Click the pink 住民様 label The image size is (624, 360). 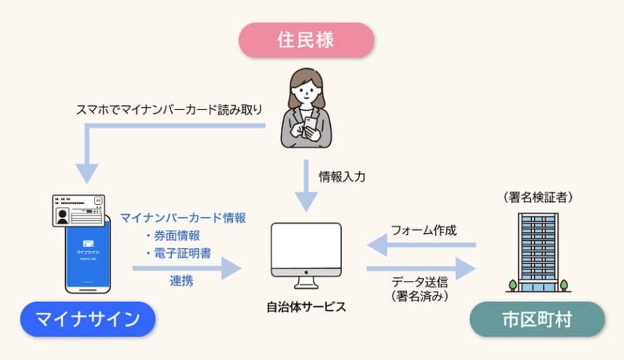[305, 40]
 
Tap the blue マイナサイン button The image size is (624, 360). [88, 319]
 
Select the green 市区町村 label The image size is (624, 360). [538, 319]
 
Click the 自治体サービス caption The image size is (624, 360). [305, 306]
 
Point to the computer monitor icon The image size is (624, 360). [305, 250]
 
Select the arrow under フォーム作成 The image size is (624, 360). [421, 246]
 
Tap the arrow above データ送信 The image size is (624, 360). [421, 268]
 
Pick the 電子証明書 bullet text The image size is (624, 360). [178, 253]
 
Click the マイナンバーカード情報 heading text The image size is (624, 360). [183, 217]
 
